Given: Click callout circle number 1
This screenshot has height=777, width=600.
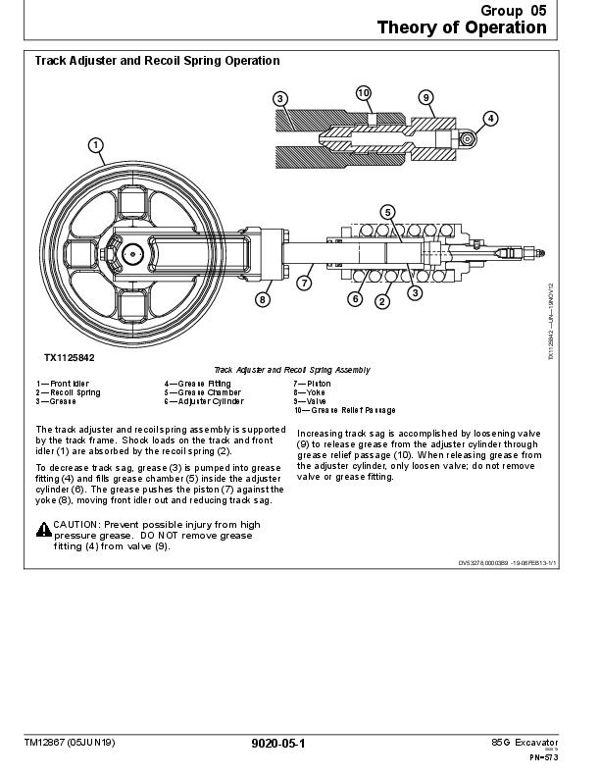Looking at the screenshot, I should [96, 146].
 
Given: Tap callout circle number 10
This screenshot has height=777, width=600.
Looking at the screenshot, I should [363, 93].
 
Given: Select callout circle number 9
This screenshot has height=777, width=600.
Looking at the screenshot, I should [425, 97].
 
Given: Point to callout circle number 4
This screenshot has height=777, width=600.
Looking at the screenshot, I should [490, 119].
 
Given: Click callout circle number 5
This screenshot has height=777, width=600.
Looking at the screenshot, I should [387, 212].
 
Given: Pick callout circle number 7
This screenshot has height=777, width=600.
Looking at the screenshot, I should [304, 284].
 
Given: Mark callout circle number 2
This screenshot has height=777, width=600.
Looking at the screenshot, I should [382, 301].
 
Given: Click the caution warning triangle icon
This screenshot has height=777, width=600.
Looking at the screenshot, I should [44, 530].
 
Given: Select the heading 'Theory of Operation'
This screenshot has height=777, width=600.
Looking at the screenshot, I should [462, 27].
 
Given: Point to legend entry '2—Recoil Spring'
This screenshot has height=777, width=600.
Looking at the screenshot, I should [68, 392].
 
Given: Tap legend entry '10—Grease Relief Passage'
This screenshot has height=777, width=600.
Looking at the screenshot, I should [344, 410].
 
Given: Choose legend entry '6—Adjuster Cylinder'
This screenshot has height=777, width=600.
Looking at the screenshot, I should [203, 401].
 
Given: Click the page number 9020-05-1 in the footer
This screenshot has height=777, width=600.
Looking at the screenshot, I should [278, 744].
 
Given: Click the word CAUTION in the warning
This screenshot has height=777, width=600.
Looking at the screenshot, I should [76, 525].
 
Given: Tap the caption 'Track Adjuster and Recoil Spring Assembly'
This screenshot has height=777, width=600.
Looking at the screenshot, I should [292, 370].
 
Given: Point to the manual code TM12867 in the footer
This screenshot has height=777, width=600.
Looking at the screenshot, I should [49, 743].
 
